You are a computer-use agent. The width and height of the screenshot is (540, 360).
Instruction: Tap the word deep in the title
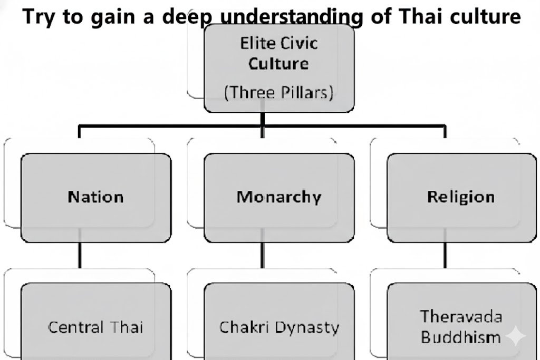coord(184,17)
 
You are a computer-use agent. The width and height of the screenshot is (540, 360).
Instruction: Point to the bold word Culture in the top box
coord(278,64)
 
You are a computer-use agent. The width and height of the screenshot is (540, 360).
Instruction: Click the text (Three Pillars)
coord(278,93)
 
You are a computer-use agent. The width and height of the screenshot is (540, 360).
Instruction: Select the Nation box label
coord(95,197)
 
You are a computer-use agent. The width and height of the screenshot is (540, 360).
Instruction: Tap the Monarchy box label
coord(278,197)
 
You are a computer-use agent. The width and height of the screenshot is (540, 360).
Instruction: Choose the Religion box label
coord(461,197)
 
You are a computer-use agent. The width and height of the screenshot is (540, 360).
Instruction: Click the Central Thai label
coord(95,327)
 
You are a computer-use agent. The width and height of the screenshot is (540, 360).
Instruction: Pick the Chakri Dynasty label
coord(278,327)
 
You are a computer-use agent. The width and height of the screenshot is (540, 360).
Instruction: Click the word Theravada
coord(461,317)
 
